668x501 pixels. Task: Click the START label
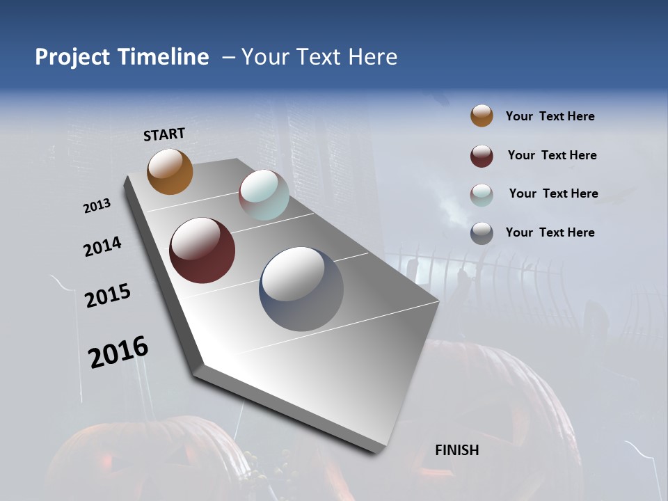[164, 134]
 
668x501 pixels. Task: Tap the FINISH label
[456, 450]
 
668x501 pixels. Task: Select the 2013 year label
[97, 206]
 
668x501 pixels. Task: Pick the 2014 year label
[102, 247]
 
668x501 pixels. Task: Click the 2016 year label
[118, 352]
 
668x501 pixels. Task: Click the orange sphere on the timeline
[170, 172]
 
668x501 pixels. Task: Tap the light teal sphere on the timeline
[264, 195]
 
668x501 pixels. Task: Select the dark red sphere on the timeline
[202, 250]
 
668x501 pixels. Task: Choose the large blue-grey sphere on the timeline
[301, 289]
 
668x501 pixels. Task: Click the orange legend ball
[482, 116]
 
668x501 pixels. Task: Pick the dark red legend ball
[482, 155]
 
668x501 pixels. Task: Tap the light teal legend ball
[482, 194]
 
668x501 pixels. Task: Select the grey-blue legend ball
[482, 233]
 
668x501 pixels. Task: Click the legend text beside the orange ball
[550, 116]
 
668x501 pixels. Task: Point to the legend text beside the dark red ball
[552, 155]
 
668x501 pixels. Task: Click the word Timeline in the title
[164, 57]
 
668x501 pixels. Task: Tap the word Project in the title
[72, 57]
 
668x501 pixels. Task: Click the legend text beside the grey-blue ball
[550, 232]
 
